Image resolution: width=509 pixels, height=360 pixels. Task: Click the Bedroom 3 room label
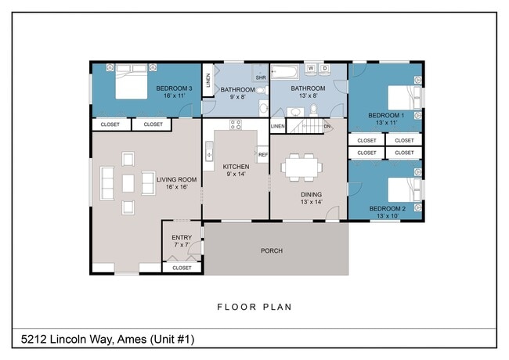pos(174,92)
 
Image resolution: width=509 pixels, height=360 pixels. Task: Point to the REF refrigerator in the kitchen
pos(263,155)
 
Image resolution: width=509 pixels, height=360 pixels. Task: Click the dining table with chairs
pos(302,167)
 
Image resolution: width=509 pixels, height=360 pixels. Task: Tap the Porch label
pos(272,251)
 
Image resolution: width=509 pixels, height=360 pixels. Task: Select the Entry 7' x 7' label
pos(182,241)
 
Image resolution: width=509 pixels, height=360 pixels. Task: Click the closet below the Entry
pos(182,268)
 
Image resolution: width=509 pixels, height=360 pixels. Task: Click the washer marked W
pos(310,68)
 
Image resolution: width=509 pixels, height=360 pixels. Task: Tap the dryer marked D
pos(325,68)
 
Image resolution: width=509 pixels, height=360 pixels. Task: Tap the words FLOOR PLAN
pos(254,307)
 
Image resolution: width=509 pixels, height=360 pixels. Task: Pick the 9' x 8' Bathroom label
pos(236,93)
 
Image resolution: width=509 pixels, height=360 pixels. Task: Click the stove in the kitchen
pos(236,124)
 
